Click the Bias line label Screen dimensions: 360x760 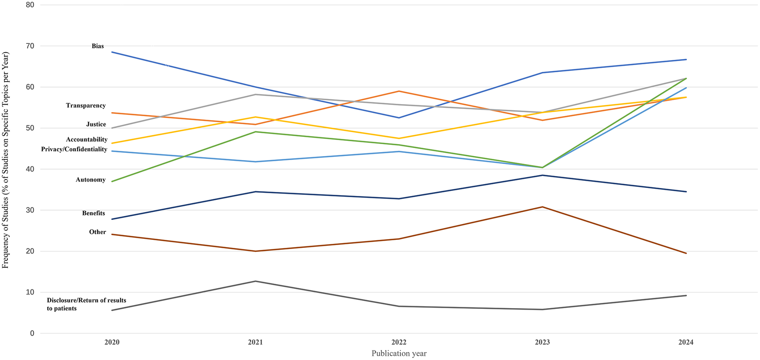pos(98,46)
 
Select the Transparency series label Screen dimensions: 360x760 pos(86,106)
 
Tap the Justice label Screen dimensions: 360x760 pos(96,125)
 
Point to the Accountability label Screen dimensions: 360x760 pos(87,140)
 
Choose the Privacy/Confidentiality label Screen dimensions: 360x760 pos(74,149)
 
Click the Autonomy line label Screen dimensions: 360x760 pos(91,180)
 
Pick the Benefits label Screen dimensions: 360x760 pos(93,214)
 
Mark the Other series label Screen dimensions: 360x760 pos(97,232)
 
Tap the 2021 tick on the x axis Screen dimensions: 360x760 pos(255,342)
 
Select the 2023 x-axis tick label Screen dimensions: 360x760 pos(542,342)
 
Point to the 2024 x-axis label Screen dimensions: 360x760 pos(686,342)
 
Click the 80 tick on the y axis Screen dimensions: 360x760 pos(30,5)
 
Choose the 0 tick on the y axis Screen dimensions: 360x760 pos(32,334)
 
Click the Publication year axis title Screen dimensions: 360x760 pos(399,354)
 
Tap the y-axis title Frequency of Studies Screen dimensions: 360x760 pos(6,160)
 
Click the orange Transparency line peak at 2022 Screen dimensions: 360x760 pos(399,91)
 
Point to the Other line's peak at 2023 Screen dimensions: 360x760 pos(542,207)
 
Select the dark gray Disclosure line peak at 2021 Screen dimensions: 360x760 pos(255,281)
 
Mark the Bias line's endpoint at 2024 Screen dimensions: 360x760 pos(686,60)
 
